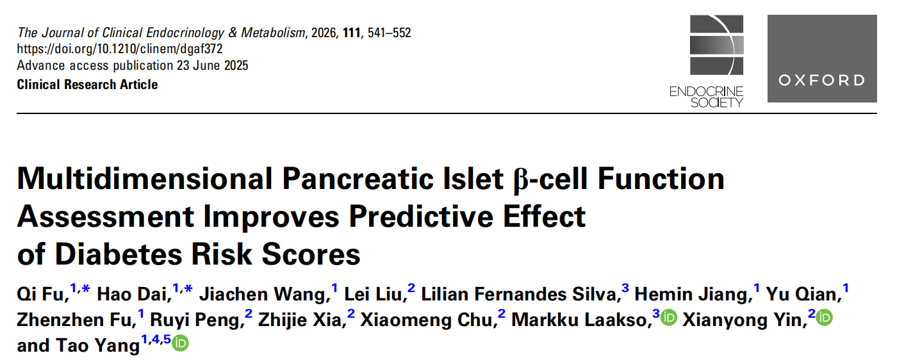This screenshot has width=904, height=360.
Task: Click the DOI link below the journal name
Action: pyautogui.click(x=120, y=49)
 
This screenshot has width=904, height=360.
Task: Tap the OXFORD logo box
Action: pyautogui.click(x=822, y=58)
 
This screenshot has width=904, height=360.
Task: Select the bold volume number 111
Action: pyautogui.click(x=351, y=32)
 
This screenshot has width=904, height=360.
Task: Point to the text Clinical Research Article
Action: pyautogui.click(x=87, y=85)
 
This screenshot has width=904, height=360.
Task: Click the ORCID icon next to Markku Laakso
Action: pyautogui.click(x=669, y=318)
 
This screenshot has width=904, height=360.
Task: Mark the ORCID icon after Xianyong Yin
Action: pyautogui.click(x=824, y=318)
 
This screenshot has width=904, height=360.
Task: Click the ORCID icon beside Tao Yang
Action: pyautogui.click(x=181, y=344)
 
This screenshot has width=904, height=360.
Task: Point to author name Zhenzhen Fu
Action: pyautogui.click(x=75, y=320)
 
